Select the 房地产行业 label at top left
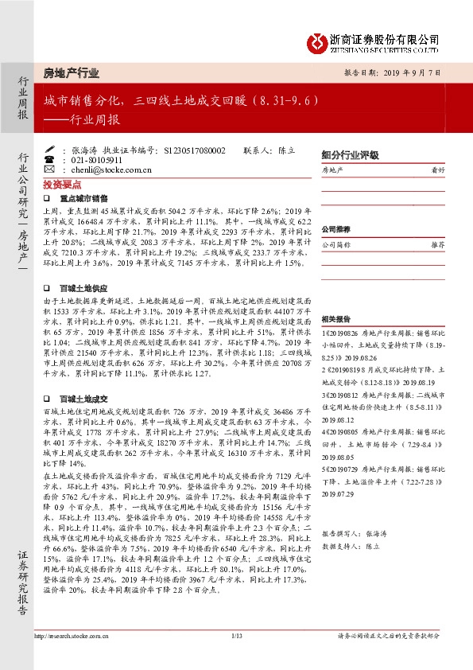(x=72, y=73)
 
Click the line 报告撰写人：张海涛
(x=354, y=534)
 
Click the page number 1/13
(x=236, y=636)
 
